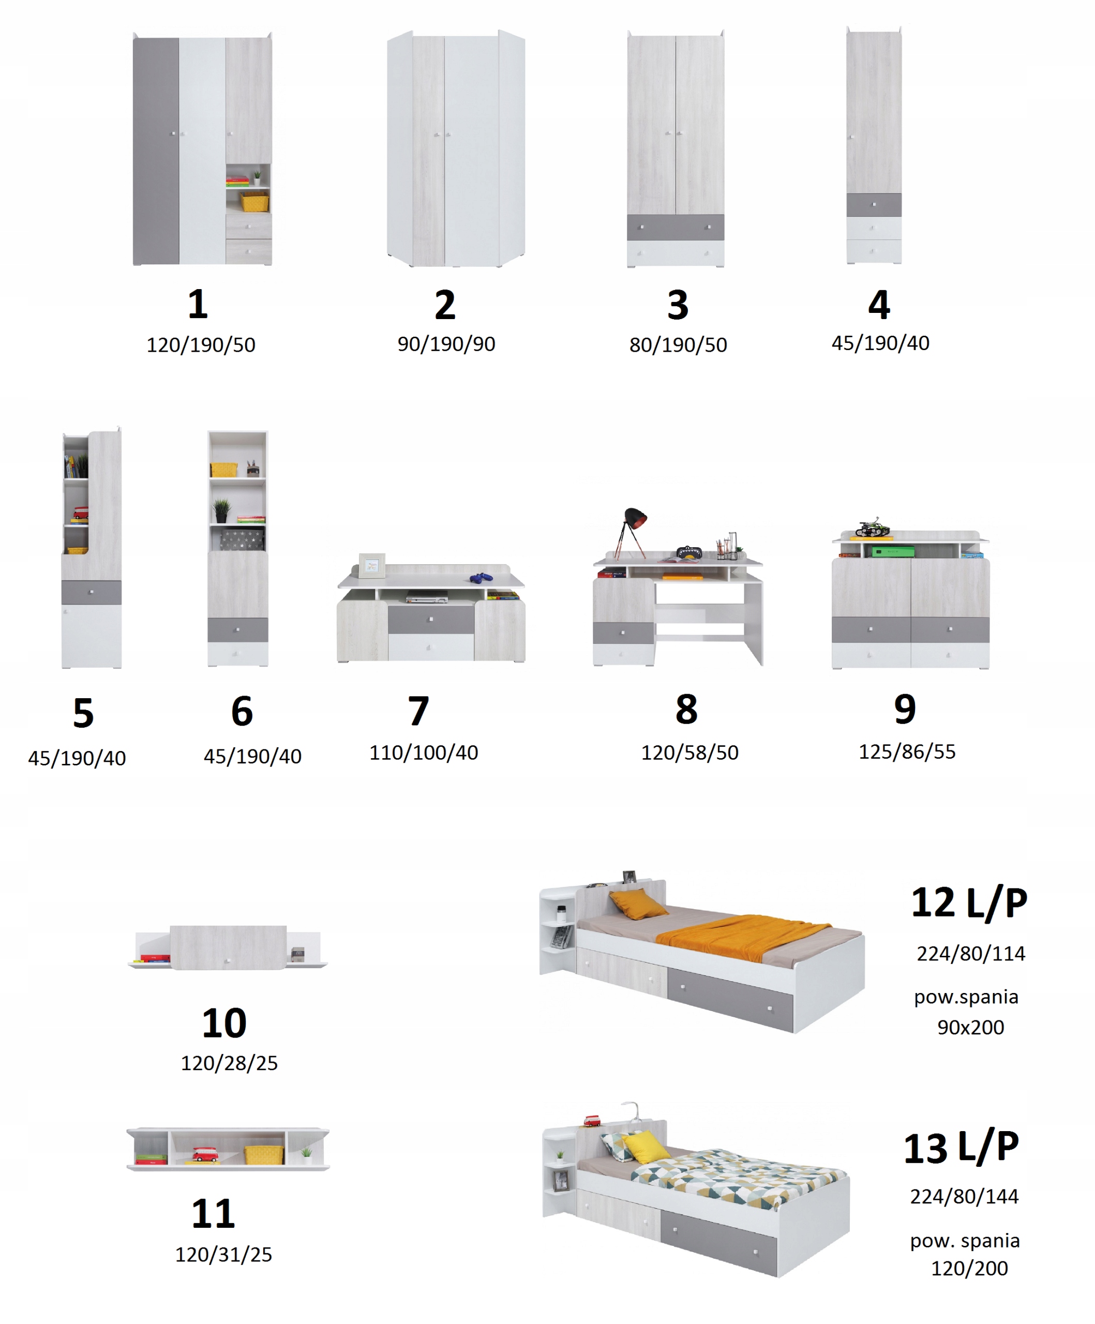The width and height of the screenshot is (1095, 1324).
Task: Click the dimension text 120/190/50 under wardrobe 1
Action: pyautogui.click(x=201, y=345)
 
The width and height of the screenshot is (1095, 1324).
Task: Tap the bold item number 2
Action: pyautogui.click(x=445, y=305)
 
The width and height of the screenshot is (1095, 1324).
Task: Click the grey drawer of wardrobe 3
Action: pyautogui.click(x=675, y=227)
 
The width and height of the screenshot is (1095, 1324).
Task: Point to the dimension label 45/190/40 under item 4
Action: pyautogui.click(x=880, y=343)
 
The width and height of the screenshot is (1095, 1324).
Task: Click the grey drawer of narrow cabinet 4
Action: pyautogui.click(x=873, y=205)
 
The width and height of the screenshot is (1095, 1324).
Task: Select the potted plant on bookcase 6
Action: pyautogui.click(x=221, y=510)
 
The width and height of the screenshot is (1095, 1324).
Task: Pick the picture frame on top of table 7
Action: pyautogui.click(x=372, y=565)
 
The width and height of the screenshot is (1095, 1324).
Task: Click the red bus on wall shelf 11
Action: pyautogui.click(x=205, y=1154)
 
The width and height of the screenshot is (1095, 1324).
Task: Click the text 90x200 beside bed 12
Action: pyautogui.click(x=970, y=1027)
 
